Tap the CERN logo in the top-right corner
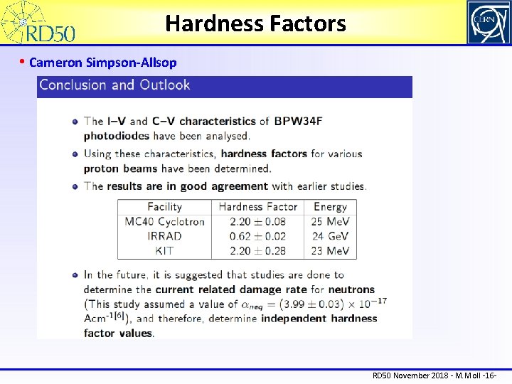point(488,22)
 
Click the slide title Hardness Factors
point(255,24)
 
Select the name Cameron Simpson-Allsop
point(103,63)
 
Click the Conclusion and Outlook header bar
point(224,85)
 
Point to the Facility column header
point(164,207)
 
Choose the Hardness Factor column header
point(257,207)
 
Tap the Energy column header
point(330,207)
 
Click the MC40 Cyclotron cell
point(164,221)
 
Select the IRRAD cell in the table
point(164,236)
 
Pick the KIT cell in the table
point(164,250)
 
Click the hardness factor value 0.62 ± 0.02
point(257,236)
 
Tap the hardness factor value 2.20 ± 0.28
point(257,250)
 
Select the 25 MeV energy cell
point(330,221)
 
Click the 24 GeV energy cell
point(330,236)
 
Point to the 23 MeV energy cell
point(330,250)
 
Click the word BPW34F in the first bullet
point(298,121)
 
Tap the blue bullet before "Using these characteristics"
point(75,154)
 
